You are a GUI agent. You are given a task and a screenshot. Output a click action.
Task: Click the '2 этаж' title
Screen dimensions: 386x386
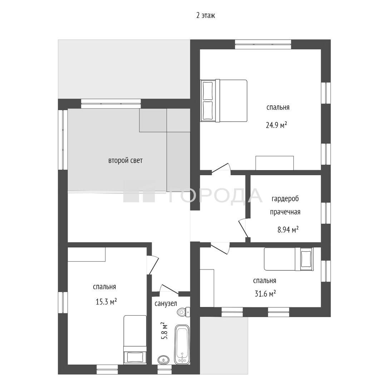206,15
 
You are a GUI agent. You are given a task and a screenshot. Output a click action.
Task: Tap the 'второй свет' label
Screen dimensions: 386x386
125,161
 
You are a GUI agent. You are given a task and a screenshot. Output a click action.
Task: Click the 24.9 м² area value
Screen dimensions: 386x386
276,125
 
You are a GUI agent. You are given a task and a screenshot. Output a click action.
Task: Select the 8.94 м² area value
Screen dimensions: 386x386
288,230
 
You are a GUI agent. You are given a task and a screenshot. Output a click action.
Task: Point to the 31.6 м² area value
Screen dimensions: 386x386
265,294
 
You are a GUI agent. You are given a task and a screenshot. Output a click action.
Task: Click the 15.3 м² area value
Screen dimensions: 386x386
106,302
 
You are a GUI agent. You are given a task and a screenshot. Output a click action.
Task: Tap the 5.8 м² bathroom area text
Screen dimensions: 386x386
164,331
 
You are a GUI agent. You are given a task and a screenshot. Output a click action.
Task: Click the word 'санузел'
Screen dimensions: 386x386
166,304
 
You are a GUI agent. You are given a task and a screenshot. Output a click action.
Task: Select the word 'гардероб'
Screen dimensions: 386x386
285,199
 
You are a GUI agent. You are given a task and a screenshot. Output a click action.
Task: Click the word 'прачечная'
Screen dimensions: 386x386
285,212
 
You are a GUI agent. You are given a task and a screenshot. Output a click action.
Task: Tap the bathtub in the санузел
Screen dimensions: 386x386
182,344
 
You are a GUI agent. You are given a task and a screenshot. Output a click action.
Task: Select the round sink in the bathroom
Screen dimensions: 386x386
163,360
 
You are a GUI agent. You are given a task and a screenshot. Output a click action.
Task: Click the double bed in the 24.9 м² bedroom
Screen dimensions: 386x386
223,101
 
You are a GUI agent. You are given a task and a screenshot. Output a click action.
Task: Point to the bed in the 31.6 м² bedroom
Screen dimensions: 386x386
289,259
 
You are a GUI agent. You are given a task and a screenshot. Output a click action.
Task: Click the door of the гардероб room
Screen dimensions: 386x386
243,228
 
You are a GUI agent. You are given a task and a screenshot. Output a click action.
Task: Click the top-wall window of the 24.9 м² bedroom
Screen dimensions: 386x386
263,45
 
